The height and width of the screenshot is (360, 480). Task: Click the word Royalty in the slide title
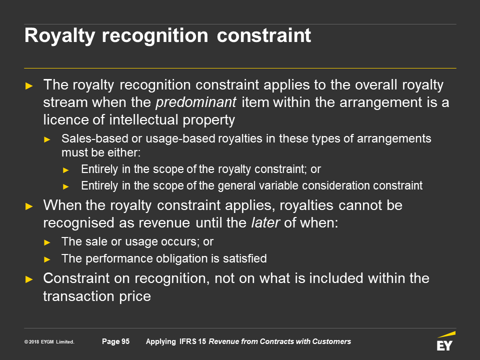coord(59,36)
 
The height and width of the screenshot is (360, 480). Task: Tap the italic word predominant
coord(196,102)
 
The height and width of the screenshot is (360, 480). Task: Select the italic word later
coord(265,222)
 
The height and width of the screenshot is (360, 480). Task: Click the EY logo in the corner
coord(445,341)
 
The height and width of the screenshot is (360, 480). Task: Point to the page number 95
coord(125,341)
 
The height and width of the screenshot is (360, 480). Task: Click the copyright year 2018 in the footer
coord(34,342)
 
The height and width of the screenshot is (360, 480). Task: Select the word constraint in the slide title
coord(264,35)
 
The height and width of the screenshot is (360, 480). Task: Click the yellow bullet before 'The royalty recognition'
coord(29,85)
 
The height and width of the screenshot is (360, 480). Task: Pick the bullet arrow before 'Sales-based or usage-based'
coord(47,139)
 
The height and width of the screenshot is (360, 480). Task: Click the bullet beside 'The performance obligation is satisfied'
coord(47,259)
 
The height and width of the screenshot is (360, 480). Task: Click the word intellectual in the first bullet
coord(143,119)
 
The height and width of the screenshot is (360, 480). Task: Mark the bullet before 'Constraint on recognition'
coord(29,279)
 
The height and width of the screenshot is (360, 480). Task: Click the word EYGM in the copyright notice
coord(47,342)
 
